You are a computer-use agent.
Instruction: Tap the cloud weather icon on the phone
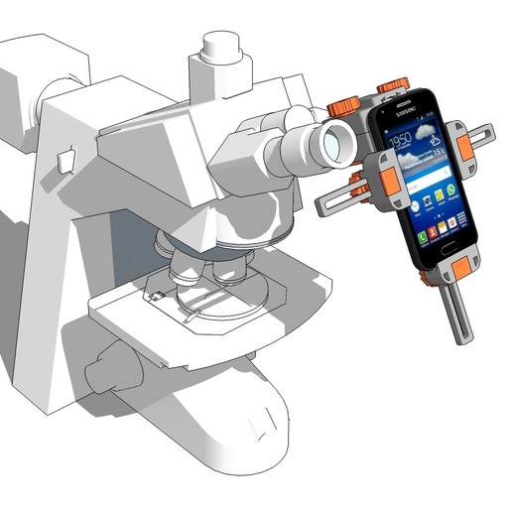tap(423, 135)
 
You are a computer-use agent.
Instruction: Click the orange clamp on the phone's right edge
tap(464, 145)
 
